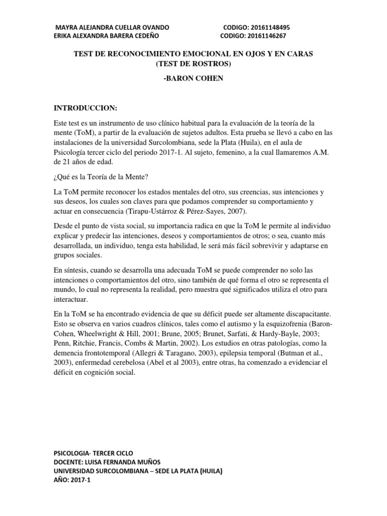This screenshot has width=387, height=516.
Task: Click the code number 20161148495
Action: pyautogui.click(x=267, y=27)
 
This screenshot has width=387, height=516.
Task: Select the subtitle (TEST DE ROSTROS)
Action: pyautogui.click(x=193, y=63)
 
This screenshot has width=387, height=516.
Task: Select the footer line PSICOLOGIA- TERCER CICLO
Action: pyautogui.click(x=93, y=453)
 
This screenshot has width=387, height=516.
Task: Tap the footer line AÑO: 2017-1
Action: pyautogui.click(x=73, y=480)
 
